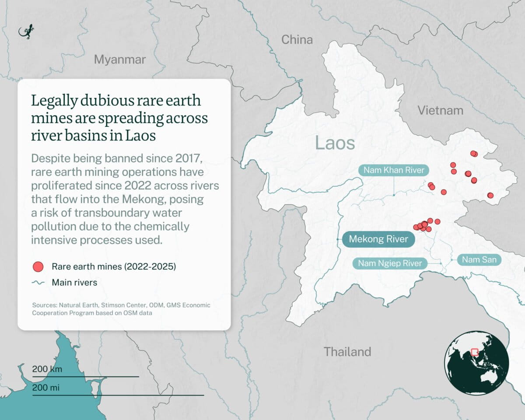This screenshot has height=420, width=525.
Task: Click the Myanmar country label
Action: [x=119, y=59]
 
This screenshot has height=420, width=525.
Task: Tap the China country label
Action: [x=297, y=40]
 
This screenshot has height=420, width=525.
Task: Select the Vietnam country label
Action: [x=440, y=110]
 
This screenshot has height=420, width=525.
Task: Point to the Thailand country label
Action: [x=347, y=352]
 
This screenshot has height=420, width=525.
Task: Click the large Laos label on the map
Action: [x=335, y=143]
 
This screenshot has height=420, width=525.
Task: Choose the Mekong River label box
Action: [x=378, y=239]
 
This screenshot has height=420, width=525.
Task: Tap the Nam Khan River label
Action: [x=392, y=170]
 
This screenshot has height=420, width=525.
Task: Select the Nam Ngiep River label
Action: [x=390, y=263]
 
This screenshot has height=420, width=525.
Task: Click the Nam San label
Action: [x=479, y=260]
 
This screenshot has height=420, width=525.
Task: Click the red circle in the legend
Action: [x=38, y=266]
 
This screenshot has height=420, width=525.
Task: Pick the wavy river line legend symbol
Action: [x=38, y=283]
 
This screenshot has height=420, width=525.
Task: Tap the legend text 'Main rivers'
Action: [x=74, y=283]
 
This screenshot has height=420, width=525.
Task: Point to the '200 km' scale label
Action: [x=47, y=369]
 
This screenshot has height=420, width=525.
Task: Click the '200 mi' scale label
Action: [x=46, y=388]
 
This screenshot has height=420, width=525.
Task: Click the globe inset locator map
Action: [x=476, y=363]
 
